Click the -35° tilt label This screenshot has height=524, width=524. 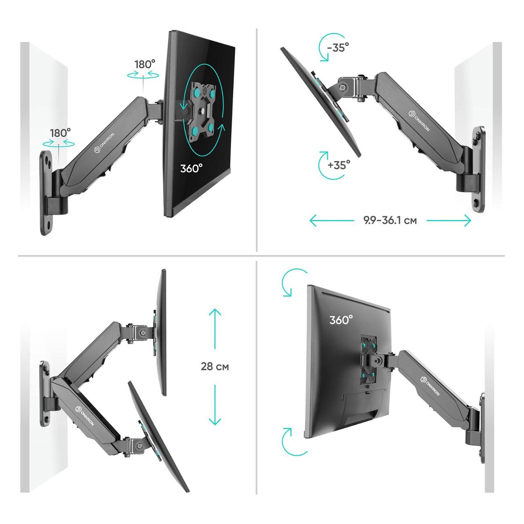pyautogui.click(x=338, y=48)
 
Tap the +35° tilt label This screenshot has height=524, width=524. pyautogui.click(x=339, y=165)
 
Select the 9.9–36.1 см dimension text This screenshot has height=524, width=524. pyautogui.click(x=390, y=220)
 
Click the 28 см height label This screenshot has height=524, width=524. pyautogui.click(x=215, y=366)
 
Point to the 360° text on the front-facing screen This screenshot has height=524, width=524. pyautogui.click(x=191, y=168)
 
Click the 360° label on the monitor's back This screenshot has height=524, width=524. pyautogui.click(x=341, y=320)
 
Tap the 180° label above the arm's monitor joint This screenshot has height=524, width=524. pyautogui.click(x=145, y=64)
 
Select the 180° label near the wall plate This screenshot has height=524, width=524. pyautogui.click(x=60, y=133)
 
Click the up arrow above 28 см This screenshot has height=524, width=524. pyautogui.click(x=215, y=329)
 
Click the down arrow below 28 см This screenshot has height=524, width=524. pyautogui.click(x=215, y=405)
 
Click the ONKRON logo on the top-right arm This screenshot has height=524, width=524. pyautogui.click(x=419, y=121)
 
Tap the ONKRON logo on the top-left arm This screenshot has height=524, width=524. pyautogui.click(x=104, y=143)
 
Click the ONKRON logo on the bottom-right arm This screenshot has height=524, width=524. pyautogui.click(x=430, y=386)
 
